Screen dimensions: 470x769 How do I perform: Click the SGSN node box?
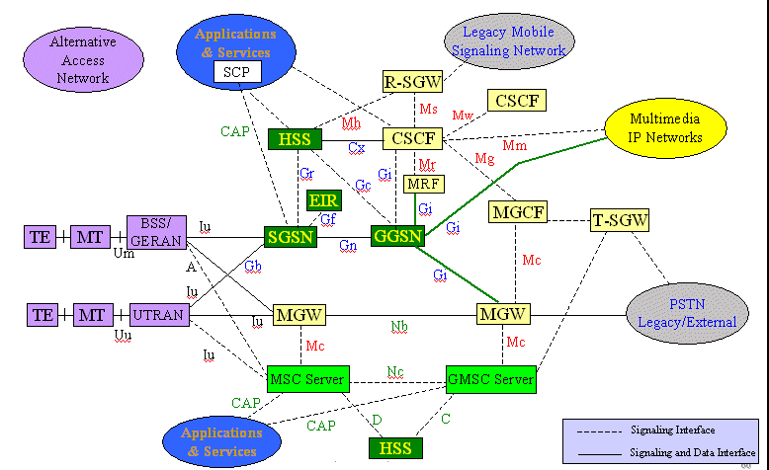pos(290,237)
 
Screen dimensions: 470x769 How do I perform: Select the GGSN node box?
pos(397,236)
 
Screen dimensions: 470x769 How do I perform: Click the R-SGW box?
pos(411,82)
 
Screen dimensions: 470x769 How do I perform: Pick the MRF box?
pos(423,184)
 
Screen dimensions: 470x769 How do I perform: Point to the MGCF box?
pos(518,211)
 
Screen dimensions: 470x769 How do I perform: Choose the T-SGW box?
pos(620,220)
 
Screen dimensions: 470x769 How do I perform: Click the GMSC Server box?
pos(490,379)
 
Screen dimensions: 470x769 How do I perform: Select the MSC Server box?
pos(307,379)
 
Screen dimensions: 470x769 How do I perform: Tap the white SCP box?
pos(235,72)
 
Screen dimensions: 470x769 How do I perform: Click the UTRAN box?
pos(159,315)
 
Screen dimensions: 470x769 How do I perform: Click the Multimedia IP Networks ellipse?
pos(666,128)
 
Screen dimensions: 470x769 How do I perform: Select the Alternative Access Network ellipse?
pos(83,59)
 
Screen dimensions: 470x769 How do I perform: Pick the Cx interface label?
pos(356,147)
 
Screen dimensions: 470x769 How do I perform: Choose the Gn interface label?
pos(348,245)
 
